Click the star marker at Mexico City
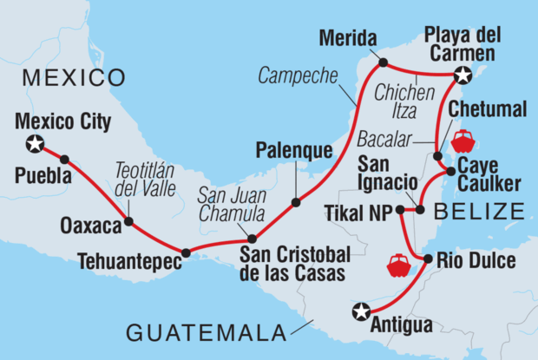click(35, 143)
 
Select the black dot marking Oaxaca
click(128, 222)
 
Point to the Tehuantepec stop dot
click(185, 252)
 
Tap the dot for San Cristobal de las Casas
click(252, 239)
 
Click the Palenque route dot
click(296, 202)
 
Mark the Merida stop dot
click(382, 62)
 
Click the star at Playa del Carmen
click(463, 75)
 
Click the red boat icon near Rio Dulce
click(399, 265)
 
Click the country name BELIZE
click(482, 211)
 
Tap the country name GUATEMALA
click(207, 331)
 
